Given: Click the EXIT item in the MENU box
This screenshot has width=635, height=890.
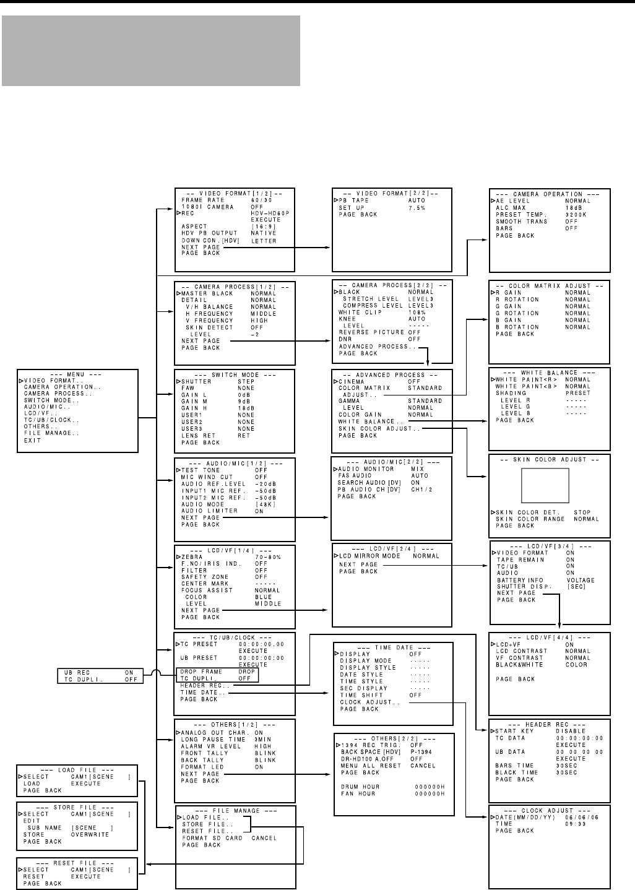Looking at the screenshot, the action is (32, 441).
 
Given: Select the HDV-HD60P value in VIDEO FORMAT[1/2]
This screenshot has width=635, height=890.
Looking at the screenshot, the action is (270, 213).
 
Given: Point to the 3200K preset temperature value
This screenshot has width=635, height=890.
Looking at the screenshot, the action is (576, 214).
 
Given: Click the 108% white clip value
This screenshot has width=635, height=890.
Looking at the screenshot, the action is (417, 313).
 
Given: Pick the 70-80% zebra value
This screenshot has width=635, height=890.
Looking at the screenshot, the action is (267, 557).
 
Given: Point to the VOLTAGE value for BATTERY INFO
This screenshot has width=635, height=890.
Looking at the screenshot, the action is (580, 580).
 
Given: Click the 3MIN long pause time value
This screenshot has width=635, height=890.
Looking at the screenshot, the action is (262, 740).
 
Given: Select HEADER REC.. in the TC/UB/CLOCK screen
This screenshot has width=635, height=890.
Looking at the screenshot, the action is (205, 686).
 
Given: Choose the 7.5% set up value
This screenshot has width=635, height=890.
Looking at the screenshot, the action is (417, 208).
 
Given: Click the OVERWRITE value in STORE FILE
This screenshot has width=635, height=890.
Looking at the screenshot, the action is (90, 834).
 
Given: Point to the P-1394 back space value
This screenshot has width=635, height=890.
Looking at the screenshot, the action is (422, 752).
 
